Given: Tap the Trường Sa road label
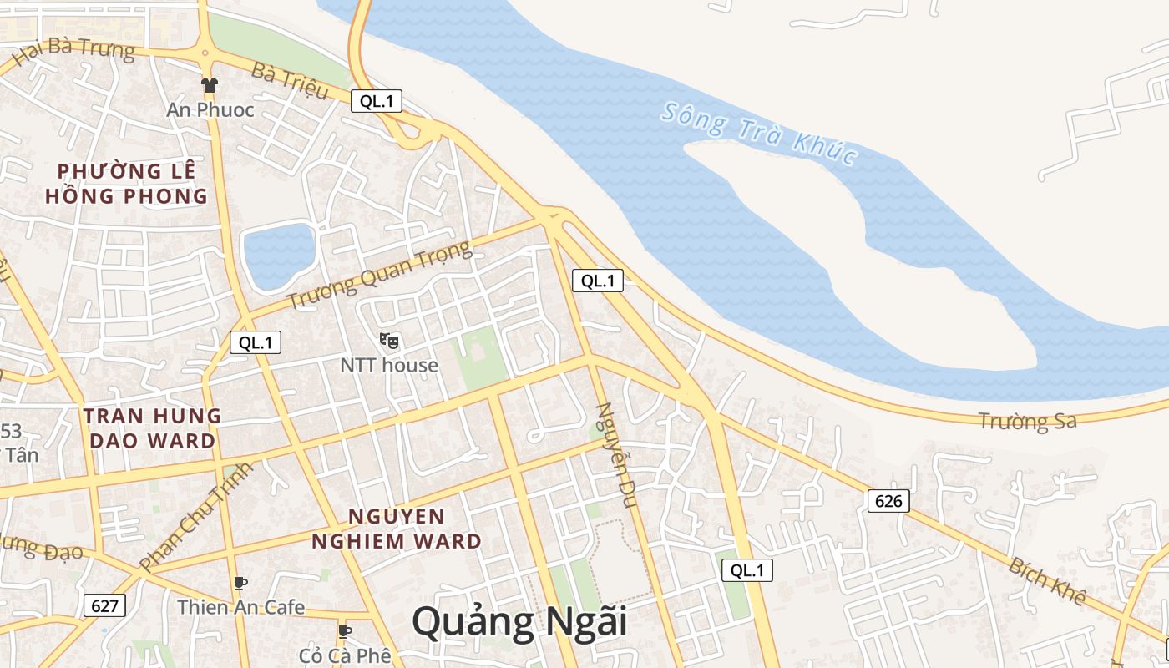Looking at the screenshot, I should (1027, 421).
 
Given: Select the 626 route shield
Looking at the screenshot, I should (888, 501).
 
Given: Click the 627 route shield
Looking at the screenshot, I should (104, 605).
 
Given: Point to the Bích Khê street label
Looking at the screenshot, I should (1046, 581).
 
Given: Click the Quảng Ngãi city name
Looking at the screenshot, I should (519, 624).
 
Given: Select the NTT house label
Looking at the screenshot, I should (389, 365).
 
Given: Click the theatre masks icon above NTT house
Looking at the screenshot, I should (389, 340).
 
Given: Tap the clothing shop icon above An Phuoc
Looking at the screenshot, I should (209, 84).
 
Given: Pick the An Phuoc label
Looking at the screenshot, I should (210, 109).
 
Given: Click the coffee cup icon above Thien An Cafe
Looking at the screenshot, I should (240, 582).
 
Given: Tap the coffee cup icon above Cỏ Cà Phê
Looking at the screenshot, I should (344, 630).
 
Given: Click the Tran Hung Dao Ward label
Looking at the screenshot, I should (152, 428).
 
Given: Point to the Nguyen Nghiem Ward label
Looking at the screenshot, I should (397, 529).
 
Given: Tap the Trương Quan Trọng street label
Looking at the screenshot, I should (379, 275).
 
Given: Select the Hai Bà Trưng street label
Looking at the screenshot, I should (73, 50).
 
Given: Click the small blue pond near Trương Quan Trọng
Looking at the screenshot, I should (278, 255).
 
